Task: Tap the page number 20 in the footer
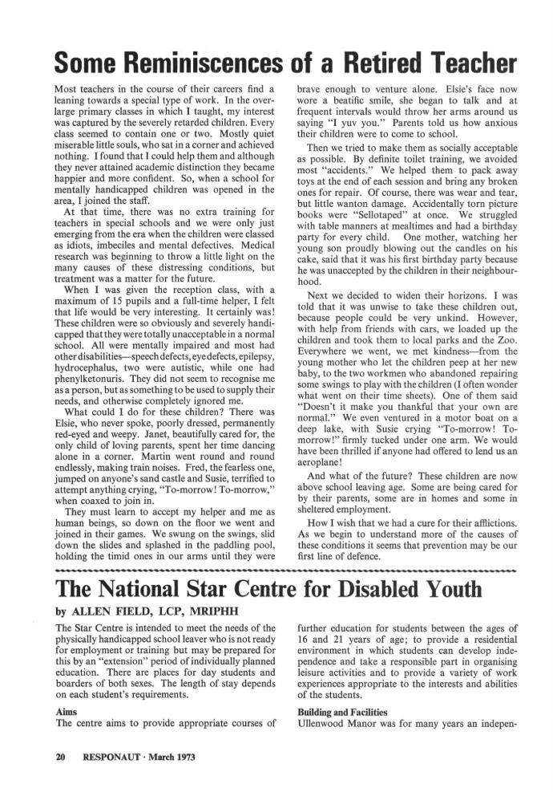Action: click(59, 756)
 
